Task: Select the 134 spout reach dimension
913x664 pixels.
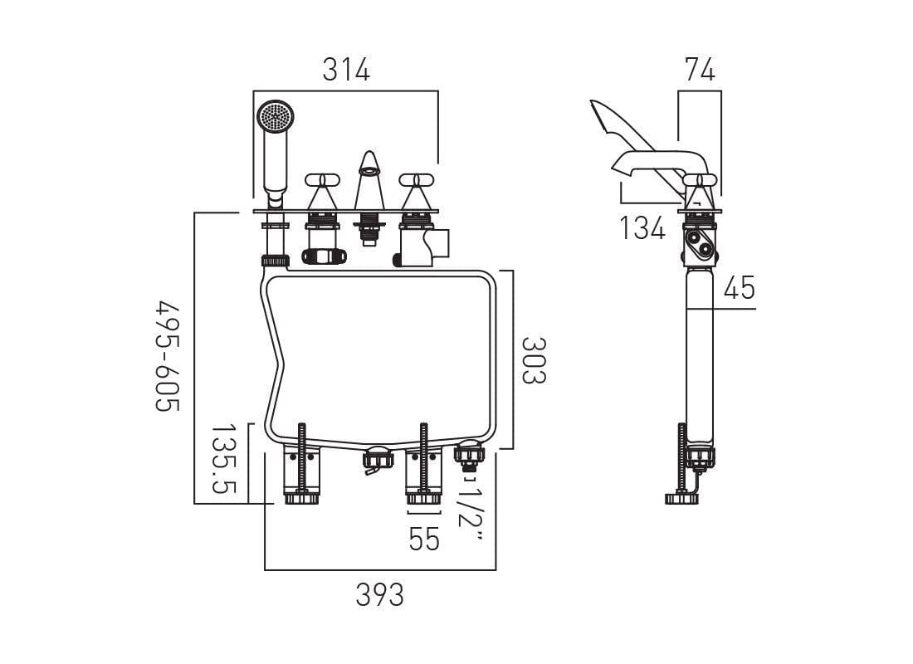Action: click(642, 227)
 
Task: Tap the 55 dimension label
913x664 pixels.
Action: click(424, 539)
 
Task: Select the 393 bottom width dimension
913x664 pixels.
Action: click(379, 594)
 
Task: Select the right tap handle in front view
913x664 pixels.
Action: click(416, 180)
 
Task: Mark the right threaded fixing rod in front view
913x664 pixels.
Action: click(424, 461)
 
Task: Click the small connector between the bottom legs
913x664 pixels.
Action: click(377, 461)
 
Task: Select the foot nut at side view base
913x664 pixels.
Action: click(681, 498)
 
